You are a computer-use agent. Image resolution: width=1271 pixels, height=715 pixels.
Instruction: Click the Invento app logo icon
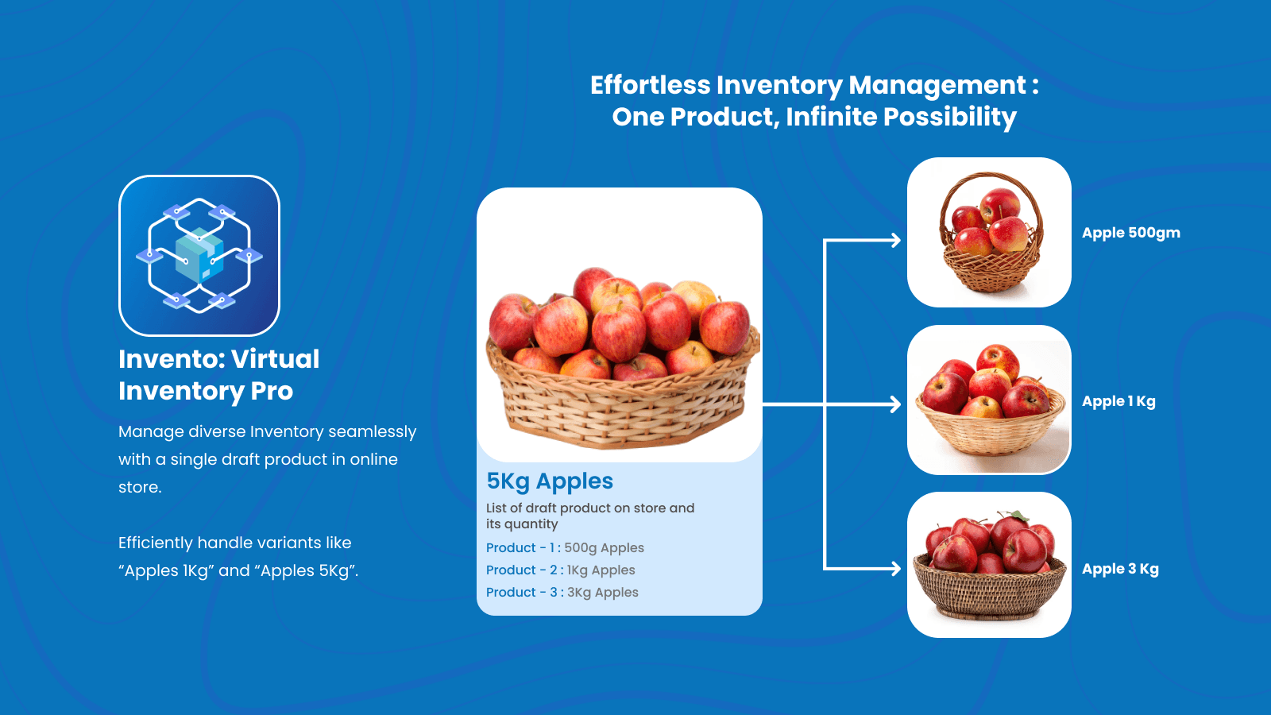point(199,256)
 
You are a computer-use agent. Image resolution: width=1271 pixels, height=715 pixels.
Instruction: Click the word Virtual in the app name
point(275,359)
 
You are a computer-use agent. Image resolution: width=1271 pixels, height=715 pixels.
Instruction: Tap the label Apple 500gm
point(1130,233)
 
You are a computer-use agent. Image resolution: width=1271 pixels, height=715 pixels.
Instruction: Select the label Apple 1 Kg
point(1118,401)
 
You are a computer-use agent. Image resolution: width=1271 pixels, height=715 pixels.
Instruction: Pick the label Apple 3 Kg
point(1119,569)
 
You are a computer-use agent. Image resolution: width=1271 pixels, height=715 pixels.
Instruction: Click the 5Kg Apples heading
point(550,481)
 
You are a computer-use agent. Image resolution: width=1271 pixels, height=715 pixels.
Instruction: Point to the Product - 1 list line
point(565,548)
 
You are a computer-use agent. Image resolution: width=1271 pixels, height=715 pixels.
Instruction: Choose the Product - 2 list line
point(560,570)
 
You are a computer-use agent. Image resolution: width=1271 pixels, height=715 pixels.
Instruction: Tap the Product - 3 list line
point(562,593)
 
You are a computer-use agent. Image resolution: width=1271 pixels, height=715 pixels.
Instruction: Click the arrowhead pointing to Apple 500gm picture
point(896,240)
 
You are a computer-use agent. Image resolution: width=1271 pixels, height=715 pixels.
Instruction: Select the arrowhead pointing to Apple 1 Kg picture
point(896,404)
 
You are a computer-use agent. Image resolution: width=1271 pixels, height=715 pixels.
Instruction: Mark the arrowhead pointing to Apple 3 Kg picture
point(896,569)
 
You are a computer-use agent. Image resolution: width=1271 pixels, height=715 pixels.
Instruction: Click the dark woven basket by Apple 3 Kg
point(989,592)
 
